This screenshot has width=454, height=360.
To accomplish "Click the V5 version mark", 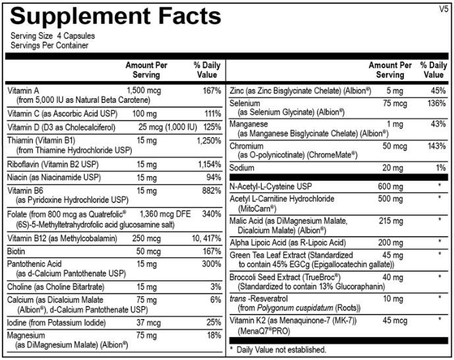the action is (x=443, y=9).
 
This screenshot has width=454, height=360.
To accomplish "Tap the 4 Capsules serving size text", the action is (x=76, y=36).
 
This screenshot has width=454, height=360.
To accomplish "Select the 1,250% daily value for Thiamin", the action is (x=209, y=140).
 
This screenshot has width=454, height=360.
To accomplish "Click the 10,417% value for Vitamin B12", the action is (x=206, y=239).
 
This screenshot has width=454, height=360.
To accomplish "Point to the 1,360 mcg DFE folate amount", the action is (x=165, y=214).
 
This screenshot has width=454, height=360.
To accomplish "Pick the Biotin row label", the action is (x=16, y=251).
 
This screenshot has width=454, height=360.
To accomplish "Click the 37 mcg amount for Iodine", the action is (x=148, y=322).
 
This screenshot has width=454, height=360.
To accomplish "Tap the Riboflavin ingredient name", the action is (x=23, y=164).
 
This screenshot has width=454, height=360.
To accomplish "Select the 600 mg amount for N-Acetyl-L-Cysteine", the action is (x=390, y=187).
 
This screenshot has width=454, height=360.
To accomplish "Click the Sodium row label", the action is (x=242, y=168).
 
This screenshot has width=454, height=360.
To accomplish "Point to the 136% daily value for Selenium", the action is (x=437, y=104).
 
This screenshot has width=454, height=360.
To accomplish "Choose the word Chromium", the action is (x=246, y=146).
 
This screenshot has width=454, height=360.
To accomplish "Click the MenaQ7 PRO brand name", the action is (x=264, y=331).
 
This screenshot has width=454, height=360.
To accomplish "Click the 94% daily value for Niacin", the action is (x=213, y=177).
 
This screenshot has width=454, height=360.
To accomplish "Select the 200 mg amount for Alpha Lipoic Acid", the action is (x=390, y=243).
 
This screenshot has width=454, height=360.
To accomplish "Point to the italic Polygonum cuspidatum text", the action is (x=295, y=308).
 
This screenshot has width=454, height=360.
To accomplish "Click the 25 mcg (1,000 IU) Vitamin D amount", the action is (x=167, y=127).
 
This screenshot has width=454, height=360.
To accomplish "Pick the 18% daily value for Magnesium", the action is (x=214, y=336).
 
